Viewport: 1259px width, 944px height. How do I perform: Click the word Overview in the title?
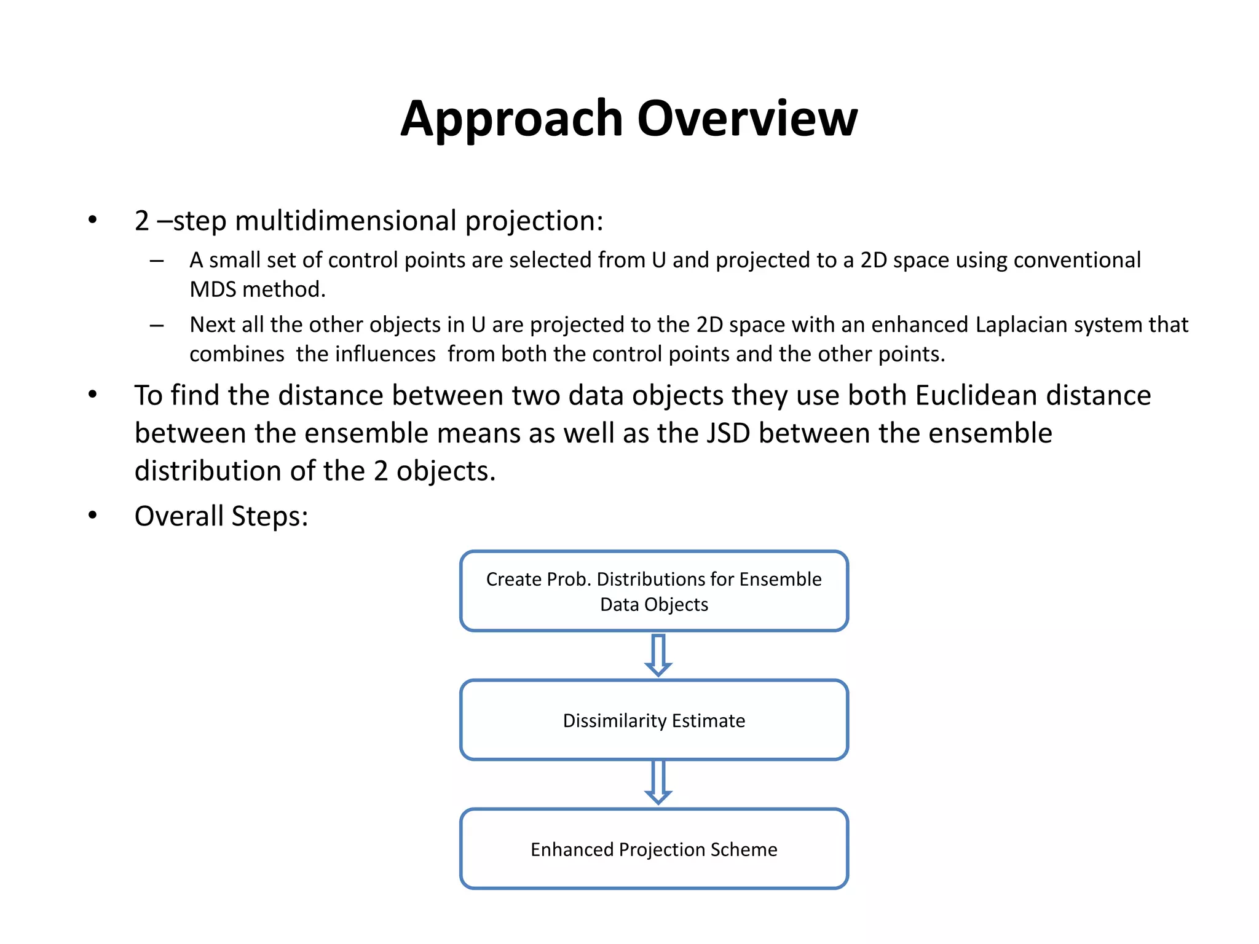pos(747,118)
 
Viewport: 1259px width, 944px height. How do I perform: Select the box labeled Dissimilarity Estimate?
pos(654,720)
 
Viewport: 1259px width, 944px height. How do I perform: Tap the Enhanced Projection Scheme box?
pos(654,849)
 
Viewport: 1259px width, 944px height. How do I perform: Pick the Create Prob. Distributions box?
pos(654,591)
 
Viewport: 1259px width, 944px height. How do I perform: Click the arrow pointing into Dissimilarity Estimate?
pos(658,656)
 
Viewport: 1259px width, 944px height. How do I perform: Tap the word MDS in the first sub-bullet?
pos(212,289)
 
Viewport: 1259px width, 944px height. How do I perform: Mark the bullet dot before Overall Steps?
pos(92,515)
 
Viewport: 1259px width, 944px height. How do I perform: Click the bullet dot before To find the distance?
pos(92,395)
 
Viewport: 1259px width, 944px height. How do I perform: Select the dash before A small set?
pos(157,261)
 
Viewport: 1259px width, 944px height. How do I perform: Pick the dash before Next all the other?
pos(157,326)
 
